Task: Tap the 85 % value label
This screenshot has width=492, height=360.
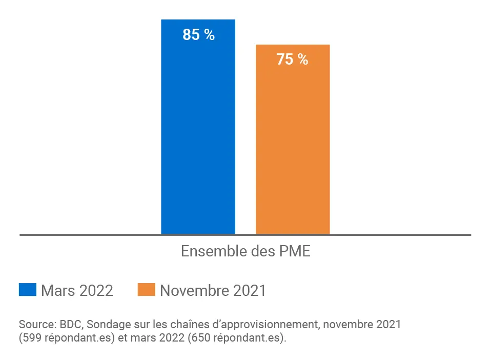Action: pos(198,35)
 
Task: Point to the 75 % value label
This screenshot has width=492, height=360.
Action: pos(292,59)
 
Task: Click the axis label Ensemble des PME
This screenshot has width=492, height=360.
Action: pos(245,252)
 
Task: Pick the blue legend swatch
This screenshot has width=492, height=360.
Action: pos(28,290)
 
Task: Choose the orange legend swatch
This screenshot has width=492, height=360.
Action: pos(146,290)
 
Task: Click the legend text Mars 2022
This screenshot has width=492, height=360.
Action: pos(77,290)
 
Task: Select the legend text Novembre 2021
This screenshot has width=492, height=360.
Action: pos(213,290)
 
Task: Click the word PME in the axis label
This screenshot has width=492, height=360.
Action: pos(295,252)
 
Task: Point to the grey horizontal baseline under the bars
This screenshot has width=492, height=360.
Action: pos(102,235)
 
